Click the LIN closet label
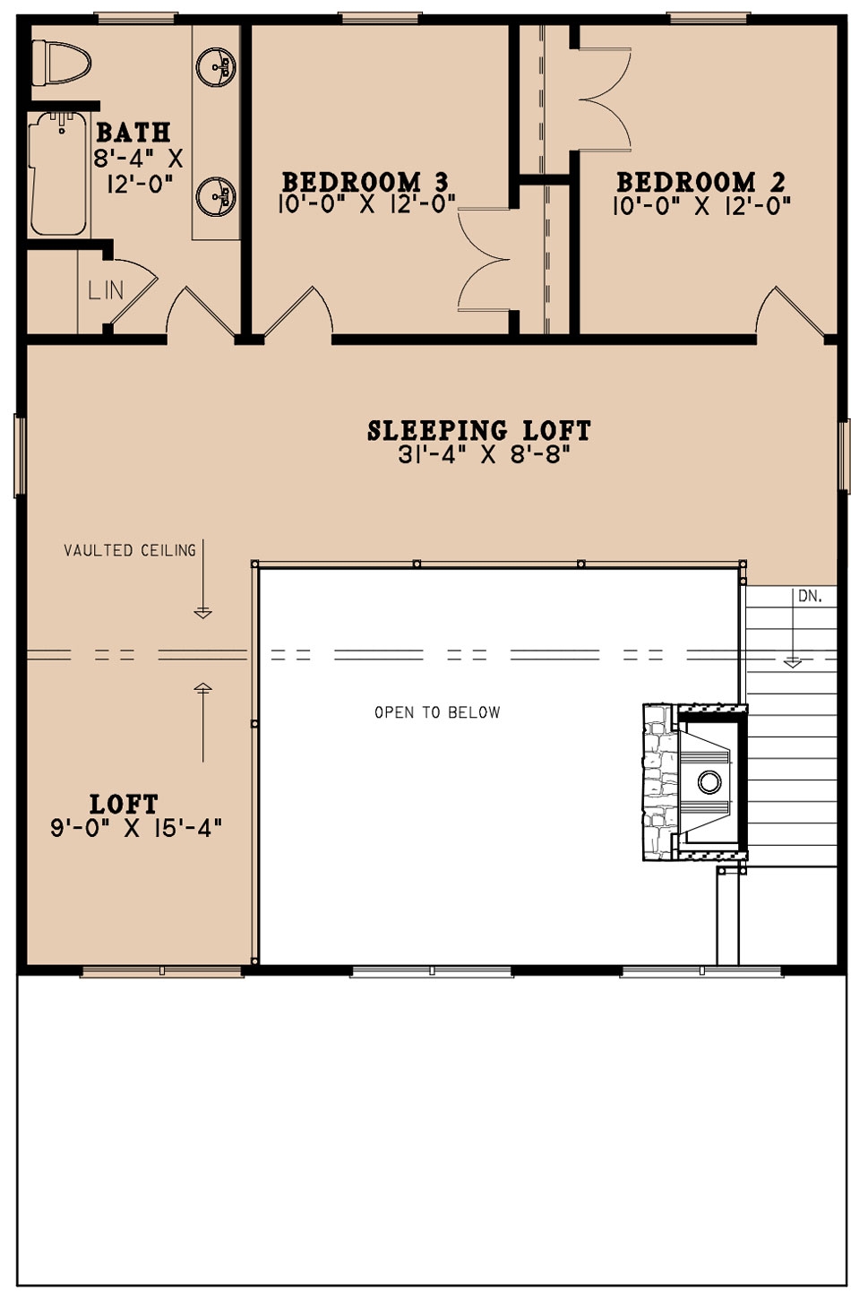point(106,290)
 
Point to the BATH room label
point(133,133)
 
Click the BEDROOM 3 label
point(365,182)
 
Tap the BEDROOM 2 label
point(701,182)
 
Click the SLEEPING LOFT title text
point(479,431)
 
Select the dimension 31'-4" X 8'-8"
point(484,455)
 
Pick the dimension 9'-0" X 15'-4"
point(136,828)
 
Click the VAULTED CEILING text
point(130,550)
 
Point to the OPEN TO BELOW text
point(437,712)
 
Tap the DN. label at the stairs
point(810,596)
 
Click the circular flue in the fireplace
point(709,782)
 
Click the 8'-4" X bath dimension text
point(138,159)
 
